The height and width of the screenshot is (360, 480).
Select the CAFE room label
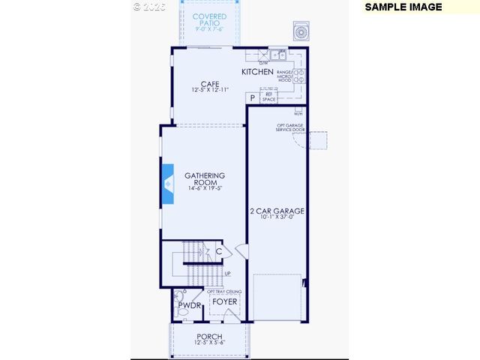[x=209, y=84]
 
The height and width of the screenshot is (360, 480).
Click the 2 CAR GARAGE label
[x=277, y=211]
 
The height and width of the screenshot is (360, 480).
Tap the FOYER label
[x=225, y=301]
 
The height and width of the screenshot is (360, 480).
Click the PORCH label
[x=209, y=336]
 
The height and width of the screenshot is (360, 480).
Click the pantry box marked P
[x=253, y=97]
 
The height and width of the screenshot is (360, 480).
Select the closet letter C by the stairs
[x=218, y=252]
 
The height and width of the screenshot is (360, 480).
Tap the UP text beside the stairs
[x=227, y=273]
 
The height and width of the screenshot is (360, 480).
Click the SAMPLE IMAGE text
[x=403, y=7]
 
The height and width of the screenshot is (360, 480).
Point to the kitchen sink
[x=277, y=54]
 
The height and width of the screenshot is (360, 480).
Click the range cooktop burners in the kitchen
[x=299, y=75]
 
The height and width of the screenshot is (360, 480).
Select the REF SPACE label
[x=268, y=96]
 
